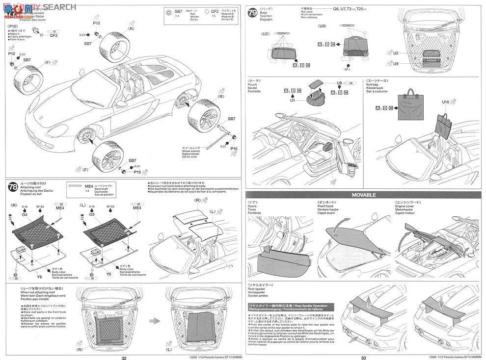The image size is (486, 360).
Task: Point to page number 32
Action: (124, 358)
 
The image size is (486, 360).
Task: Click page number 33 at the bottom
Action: (363, 358)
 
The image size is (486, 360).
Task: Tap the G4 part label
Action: (25, 214)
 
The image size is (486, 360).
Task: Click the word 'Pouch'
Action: (253, 84)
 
